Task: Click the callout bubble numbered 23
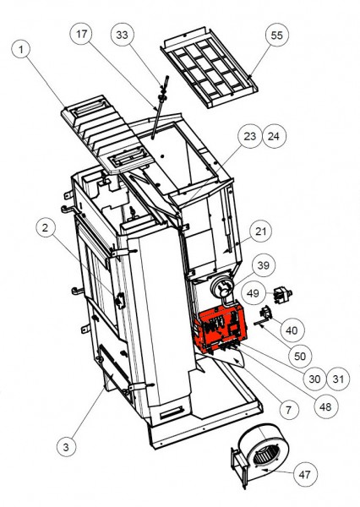tap(248, 135)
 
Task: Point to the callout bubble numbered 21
tap(262, 232)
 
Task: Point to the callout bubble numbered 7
tap(288, 411)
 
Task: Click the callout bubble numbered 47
tap(305, 476)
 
